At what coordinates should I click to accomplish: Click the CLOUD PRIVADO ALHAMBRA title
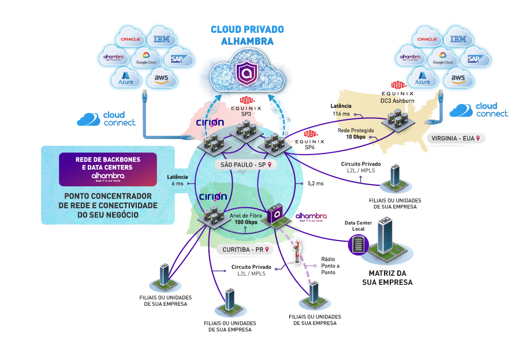[x=247, y=35]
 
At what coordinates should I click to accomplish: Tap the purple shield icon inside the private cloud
[x=247, y=74]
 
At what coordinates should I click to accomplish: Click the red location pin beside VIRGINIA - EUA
[x=477, y=138]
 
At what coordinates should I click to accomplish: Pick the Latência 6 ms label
[x=177, y=179]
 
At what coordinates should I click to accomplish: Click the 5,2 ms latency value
[x=315, y=183]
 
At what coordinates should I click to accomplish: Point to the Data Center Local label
[x=359, y=225]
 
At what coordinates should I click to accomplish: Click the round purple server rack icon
[x=359, y=245]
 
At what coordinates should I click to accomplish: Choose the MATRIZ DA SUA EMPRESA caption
[x=387, y=277]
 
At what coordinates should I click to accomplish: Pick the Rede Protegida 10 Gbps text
[x=359, y=134]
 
